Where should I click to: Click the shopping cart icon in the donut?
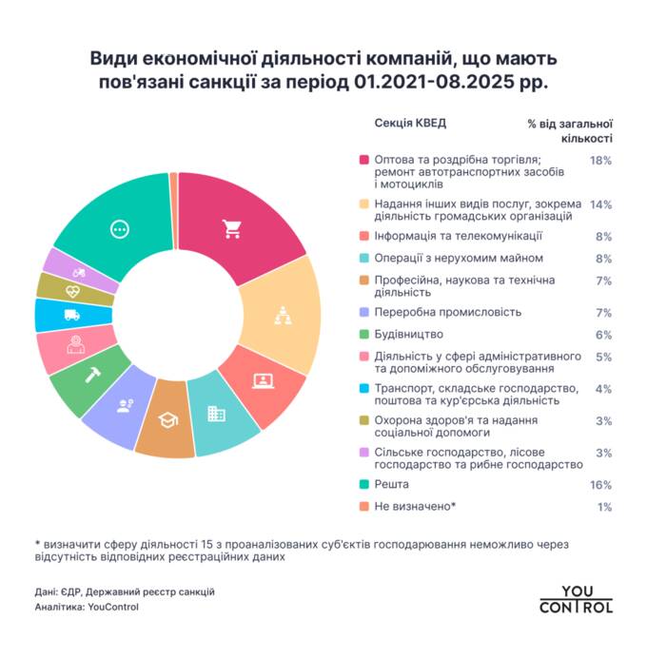pyautogui.click(x=231, y=228)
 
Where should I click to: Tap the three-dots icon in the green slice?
pyautogui.click(x=119, y=228)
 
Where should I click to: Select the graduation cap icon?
pyautogui.click(x=166, y=419)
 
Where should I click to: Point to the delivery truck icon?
pyautogui.click(x=71, y=315)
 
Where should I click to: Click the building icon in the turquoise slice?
pyautogui.click(x=217, y=414)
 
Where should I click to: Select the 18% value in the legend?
pyautogui.click(x=599, y=160)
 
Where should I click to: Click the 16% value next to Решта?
pyautogui.click(x=599, y=484)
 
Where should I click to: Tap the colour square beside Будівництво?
pyautogui.click(x=363, y=335)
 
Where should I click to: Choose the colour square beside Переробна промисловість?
pyautogui.click(x=363, y=312)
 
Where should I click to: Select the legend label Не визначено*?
pyautogui.click(x=416, y=507)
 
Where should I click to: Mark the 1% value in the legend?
pyautogui.click(x=603, y=507)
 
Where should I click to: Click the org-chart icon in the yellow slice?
pyautogui.click(x=281, y=315)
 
